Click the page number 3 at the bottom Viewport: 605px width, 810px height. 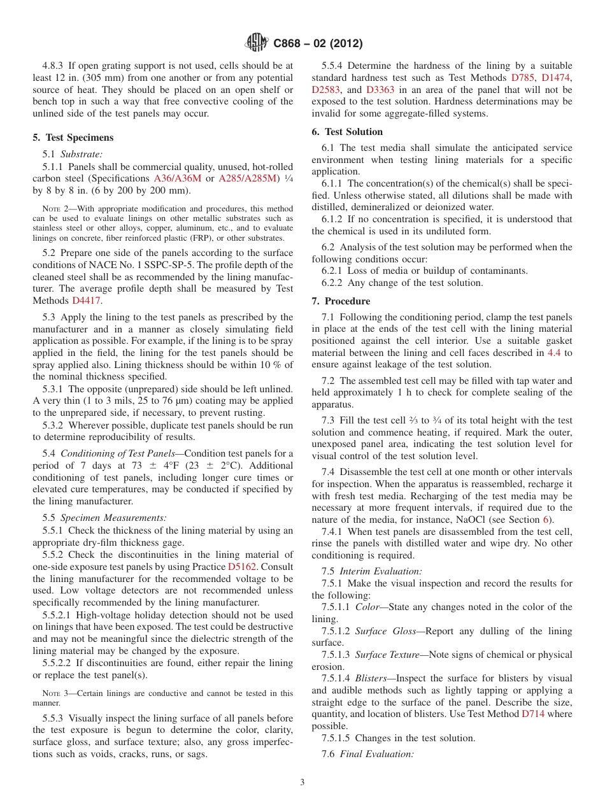302,783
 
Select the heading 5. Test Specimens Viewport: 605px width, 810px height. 73,138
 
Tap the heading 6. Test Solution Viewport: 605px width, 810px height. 347,132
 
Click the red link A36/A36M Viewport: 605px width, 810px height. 178,178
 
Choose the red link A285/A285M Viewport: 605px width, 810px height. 248,178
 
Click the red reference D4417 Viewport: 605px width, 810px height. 86,301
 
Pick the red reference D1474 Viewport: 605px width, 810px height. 557,78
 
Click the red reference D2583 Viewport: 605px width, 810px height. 326,90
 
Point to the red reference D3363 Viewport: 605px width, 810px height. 380,90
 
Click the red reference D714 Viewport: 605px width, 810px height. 533,714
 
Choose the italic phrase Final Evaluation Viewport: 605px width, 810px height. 376,754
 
